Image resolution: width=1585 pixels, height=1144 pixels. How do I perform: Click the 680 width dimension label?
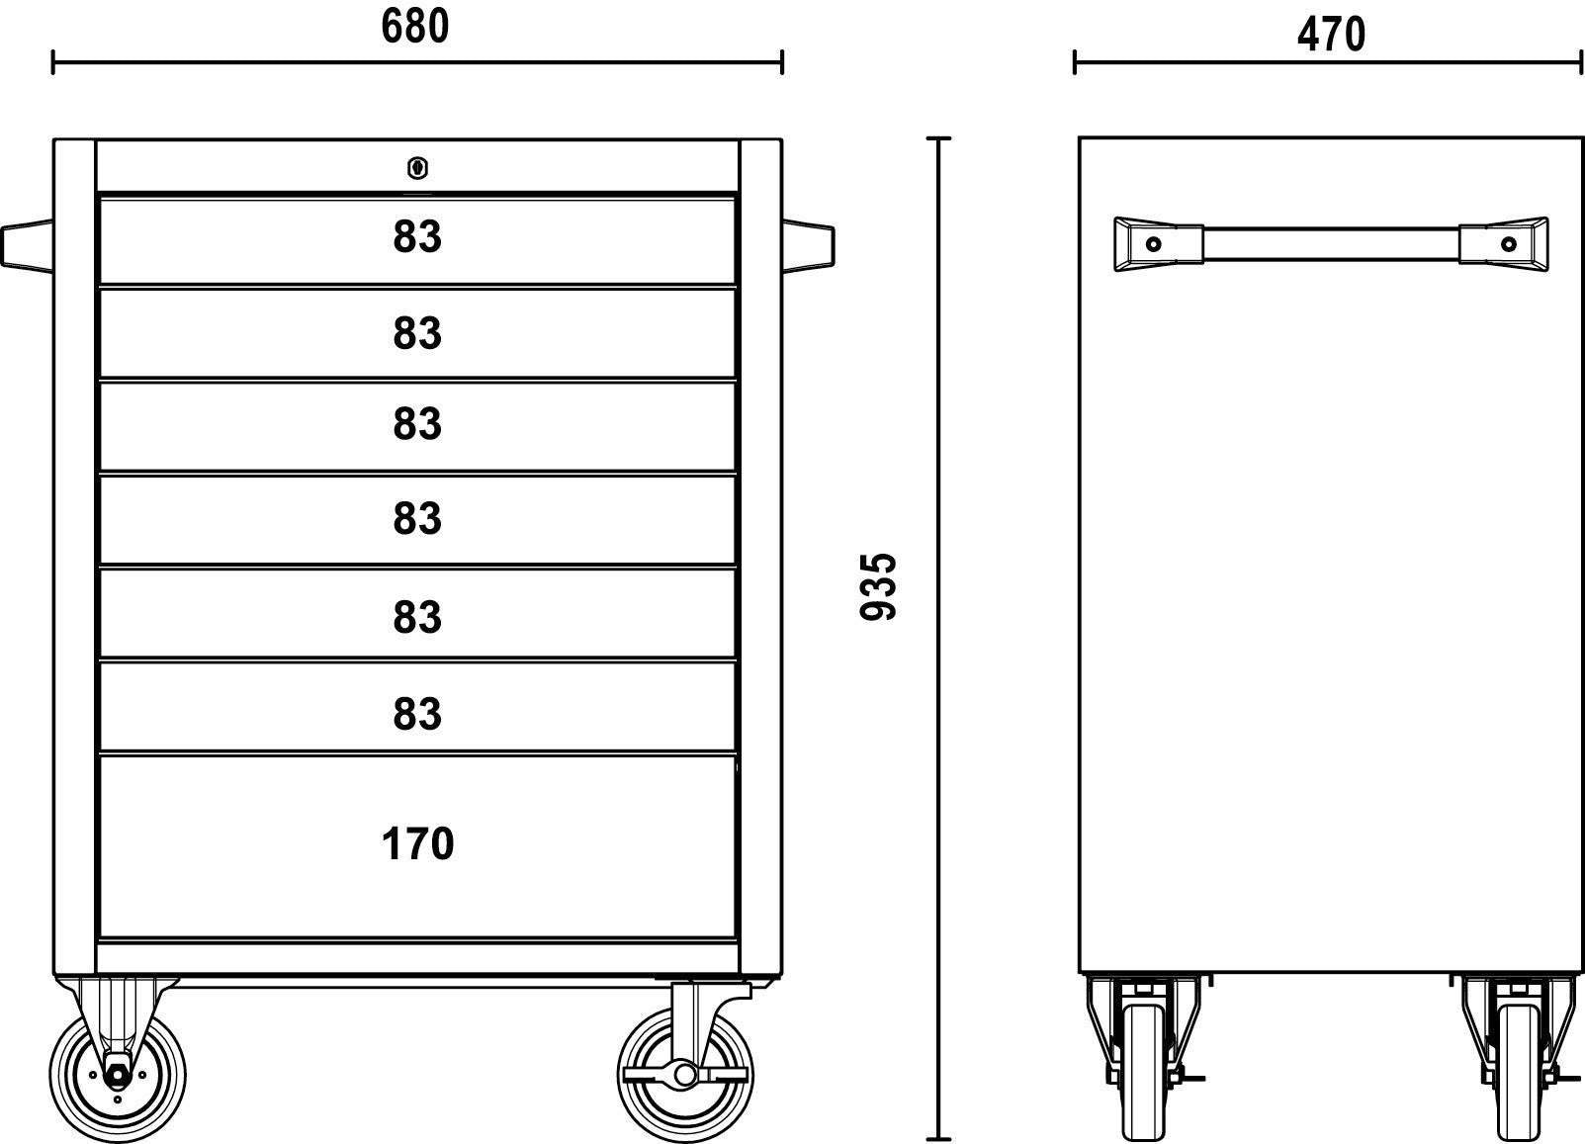tap(414, 26)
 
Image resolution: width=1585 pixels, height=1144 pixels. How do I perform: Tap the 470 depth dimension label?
tap(1331, 35)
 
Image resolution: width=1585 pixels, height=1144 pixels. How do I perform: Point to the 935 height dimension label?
tap(878, 587)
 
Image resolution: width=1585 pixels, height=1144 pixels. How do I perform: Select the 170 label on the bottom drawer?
tap(417, 843)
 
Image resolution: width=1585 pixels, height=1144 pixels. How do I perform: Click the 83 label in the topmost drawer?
tap(417, 236)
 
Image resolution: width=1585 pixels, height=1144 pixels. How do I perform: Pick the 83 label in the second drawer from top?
tap(417, 332)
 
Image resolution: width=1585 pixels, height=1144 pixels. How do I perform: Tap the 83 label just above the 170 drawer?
tap(417, 714)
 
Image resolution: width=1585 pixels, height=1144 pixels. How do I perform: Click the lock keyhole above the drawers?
tap(418, 168)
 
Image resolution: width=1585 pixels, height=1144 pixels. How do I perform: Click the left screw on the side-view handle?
tap(1153, 245)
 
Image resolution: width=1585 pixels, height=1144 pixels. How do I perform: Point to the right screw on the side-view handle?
tap(1509, 245)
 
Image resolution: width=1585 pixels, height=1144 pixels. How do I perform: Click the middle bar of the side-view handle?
tap(1331, 244)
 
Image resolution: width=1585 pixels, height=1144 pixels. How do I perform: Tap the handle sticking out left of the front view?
tap(27, 245)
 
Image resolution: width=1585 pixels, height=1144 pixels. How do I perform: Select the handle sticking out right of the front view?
tap(809, 245)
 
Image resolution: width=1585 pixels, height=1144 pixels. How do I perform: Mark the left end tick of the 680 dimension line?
tap(53, 62)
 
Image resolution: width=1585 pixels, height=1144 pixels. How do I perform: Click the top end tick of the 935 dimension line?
tap(938, 138)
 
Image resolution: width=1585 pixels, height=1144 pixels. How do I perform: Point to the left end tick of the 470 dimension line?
tap(1075, 62)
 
